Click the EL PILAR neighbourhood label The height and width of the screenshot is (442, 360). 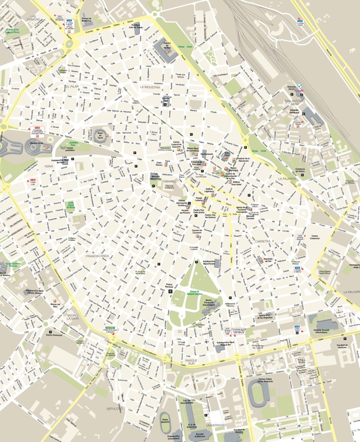[x=72, y=87]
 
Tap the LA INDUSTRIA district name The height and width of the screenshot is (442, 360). [x=150, y=87]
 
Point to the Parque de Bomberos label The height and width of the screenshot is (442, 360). [x=87, y=19]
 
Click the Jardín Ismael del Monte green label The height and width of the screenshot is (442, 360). [x=71, y=205]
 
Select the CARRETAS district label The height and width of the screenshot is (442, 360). [x=263, y=241]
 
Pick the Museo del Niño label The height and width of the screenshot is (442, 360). [x=55, y=305]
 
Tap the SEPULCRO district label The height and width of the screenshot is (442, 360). [x=114, y=408]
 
